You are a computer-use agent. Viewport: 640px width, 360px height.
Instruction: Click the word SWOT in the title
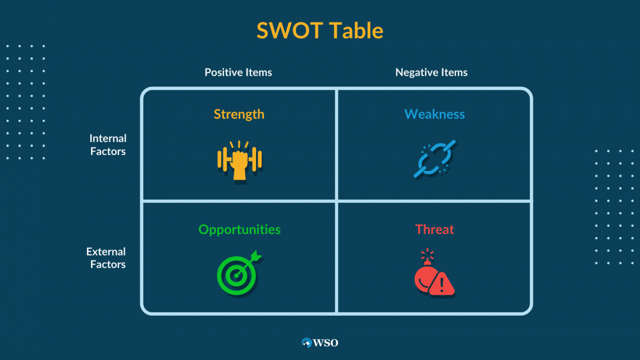click(290, 31)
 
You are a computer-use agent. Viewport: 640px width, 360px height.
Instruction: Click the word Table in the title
click(356, 31)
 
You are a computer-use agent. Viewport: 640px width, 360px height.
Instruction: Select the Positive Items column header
click(239, 72)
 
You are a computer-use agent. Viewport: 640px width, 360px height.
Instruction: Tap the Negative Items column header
click(431, 72)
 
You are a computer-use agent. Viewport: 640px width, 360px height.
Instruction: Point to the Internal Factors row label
click(108, 144)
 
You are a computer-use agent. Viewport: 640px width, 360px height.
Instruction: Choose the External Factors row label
click(106, 258)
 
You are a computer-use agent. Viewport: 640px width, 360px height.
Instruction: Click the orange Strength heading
click(239, 114)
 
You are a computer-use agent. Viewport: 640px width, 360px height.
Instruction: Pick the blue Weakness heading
click(435, 114)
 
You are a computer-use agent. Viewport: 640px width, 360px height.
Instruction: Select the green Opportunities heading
click(240, 229)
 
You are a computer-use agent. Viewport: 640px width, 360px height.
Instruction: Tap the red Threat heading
click(435, 229)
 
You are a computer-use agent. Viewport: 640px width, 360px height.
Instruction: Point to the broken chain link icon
click(435, 159)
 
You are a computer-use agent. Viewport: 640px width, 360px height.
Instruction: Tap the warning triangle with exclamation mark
click(442, 283)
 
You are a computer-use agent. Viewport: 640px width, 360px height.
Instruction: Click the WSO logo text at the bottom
click(325, 343)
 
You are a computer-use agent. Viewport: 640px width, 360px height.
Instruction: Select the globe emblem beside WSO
click(307, 343)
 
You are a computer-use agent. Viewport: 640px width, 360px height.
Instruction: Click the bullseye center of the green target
click(236, 276)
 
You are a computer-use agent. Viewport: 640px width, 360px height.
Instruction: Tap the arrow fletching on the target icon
click(257, 256)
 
